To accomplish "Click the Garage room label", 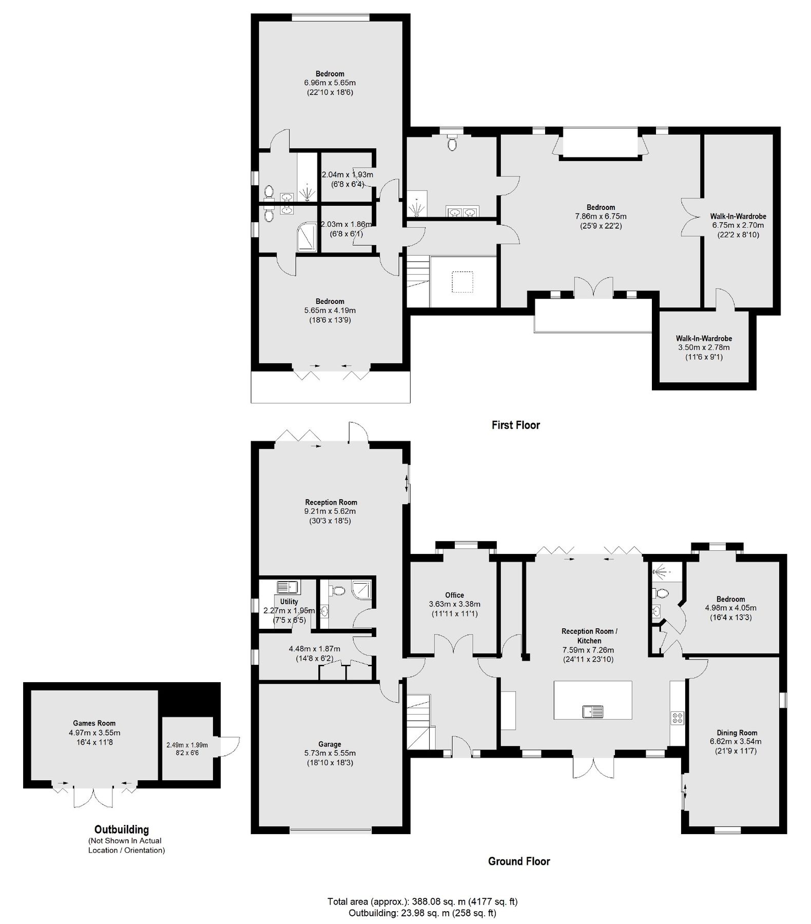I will (329, 744).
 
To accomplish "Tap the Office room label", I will (454, 595).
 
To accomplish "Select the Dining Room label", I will (737, 733).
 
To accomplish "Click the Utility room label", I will (289, 602).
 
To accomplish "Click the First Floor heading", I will (515, 425).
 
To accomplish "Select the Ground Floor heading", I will (518, 861).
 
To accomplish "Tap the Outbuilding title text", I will (122, 829).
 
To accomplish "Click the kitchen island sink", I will (593, 711).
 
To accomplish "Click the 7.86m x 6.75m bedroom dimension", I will (601, 217).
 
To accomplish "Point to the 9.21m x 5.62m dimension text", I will (330, 511).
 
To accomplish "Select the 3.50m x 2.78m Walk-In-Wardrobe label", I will (704, 348).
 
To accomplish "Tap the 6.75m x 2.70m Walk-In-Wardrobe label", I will (738, 225).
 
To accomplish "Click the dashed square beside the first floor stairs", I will (462, 281).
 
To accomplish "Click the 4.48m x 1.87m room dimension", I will (314, 649).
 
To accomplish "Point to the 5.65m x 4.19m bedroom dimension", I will (330, 311).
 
